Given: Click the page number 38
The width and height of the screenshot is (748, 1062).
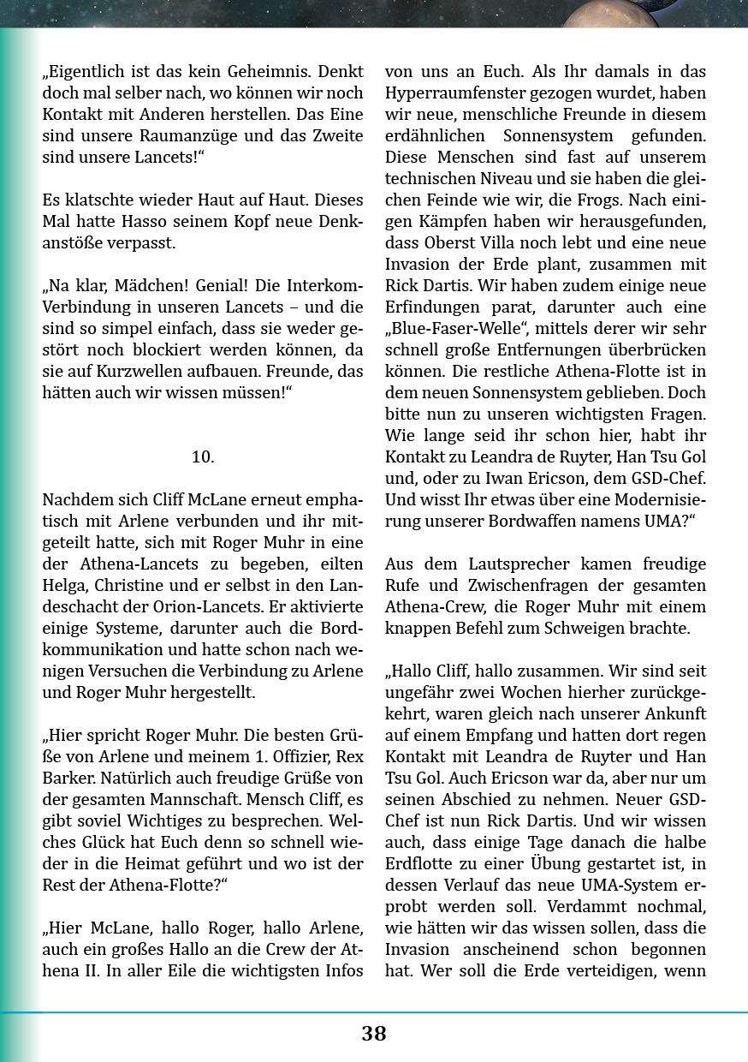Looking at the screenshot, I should tap(374, 1034).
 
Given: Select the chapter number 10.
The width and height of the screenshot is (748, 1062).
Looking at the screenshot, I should tap(203, 457).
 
